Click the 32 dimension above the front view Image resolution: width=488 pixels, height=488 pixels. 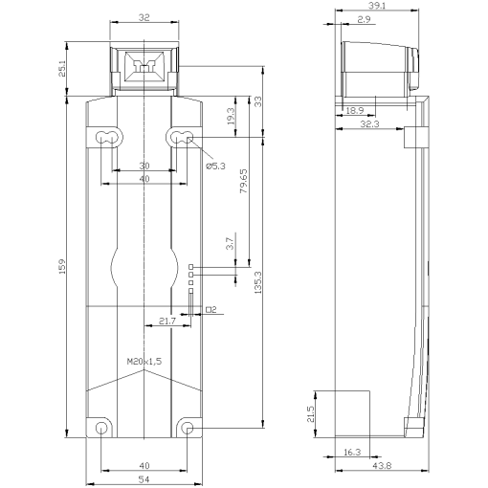tap(144, 16)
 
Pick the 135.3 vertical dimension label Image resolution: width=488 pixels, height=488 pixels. tap(258, 288)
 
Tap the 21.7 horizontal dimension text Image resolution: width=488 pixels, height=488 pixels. tap(166, 322)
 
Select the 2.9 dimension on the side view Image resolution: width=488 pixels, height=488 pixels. tap(365, 19)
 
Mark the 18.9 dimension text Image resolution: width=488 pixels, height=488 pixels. tap(355, 111)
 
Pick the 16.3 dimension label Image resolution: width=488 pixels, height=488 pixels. tap(353, 452)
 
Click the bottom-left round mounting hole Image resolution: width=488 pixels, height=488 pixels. tap(100, 428)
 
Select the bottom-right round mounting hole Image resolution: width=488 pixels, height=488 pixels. tap(188, 428)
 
